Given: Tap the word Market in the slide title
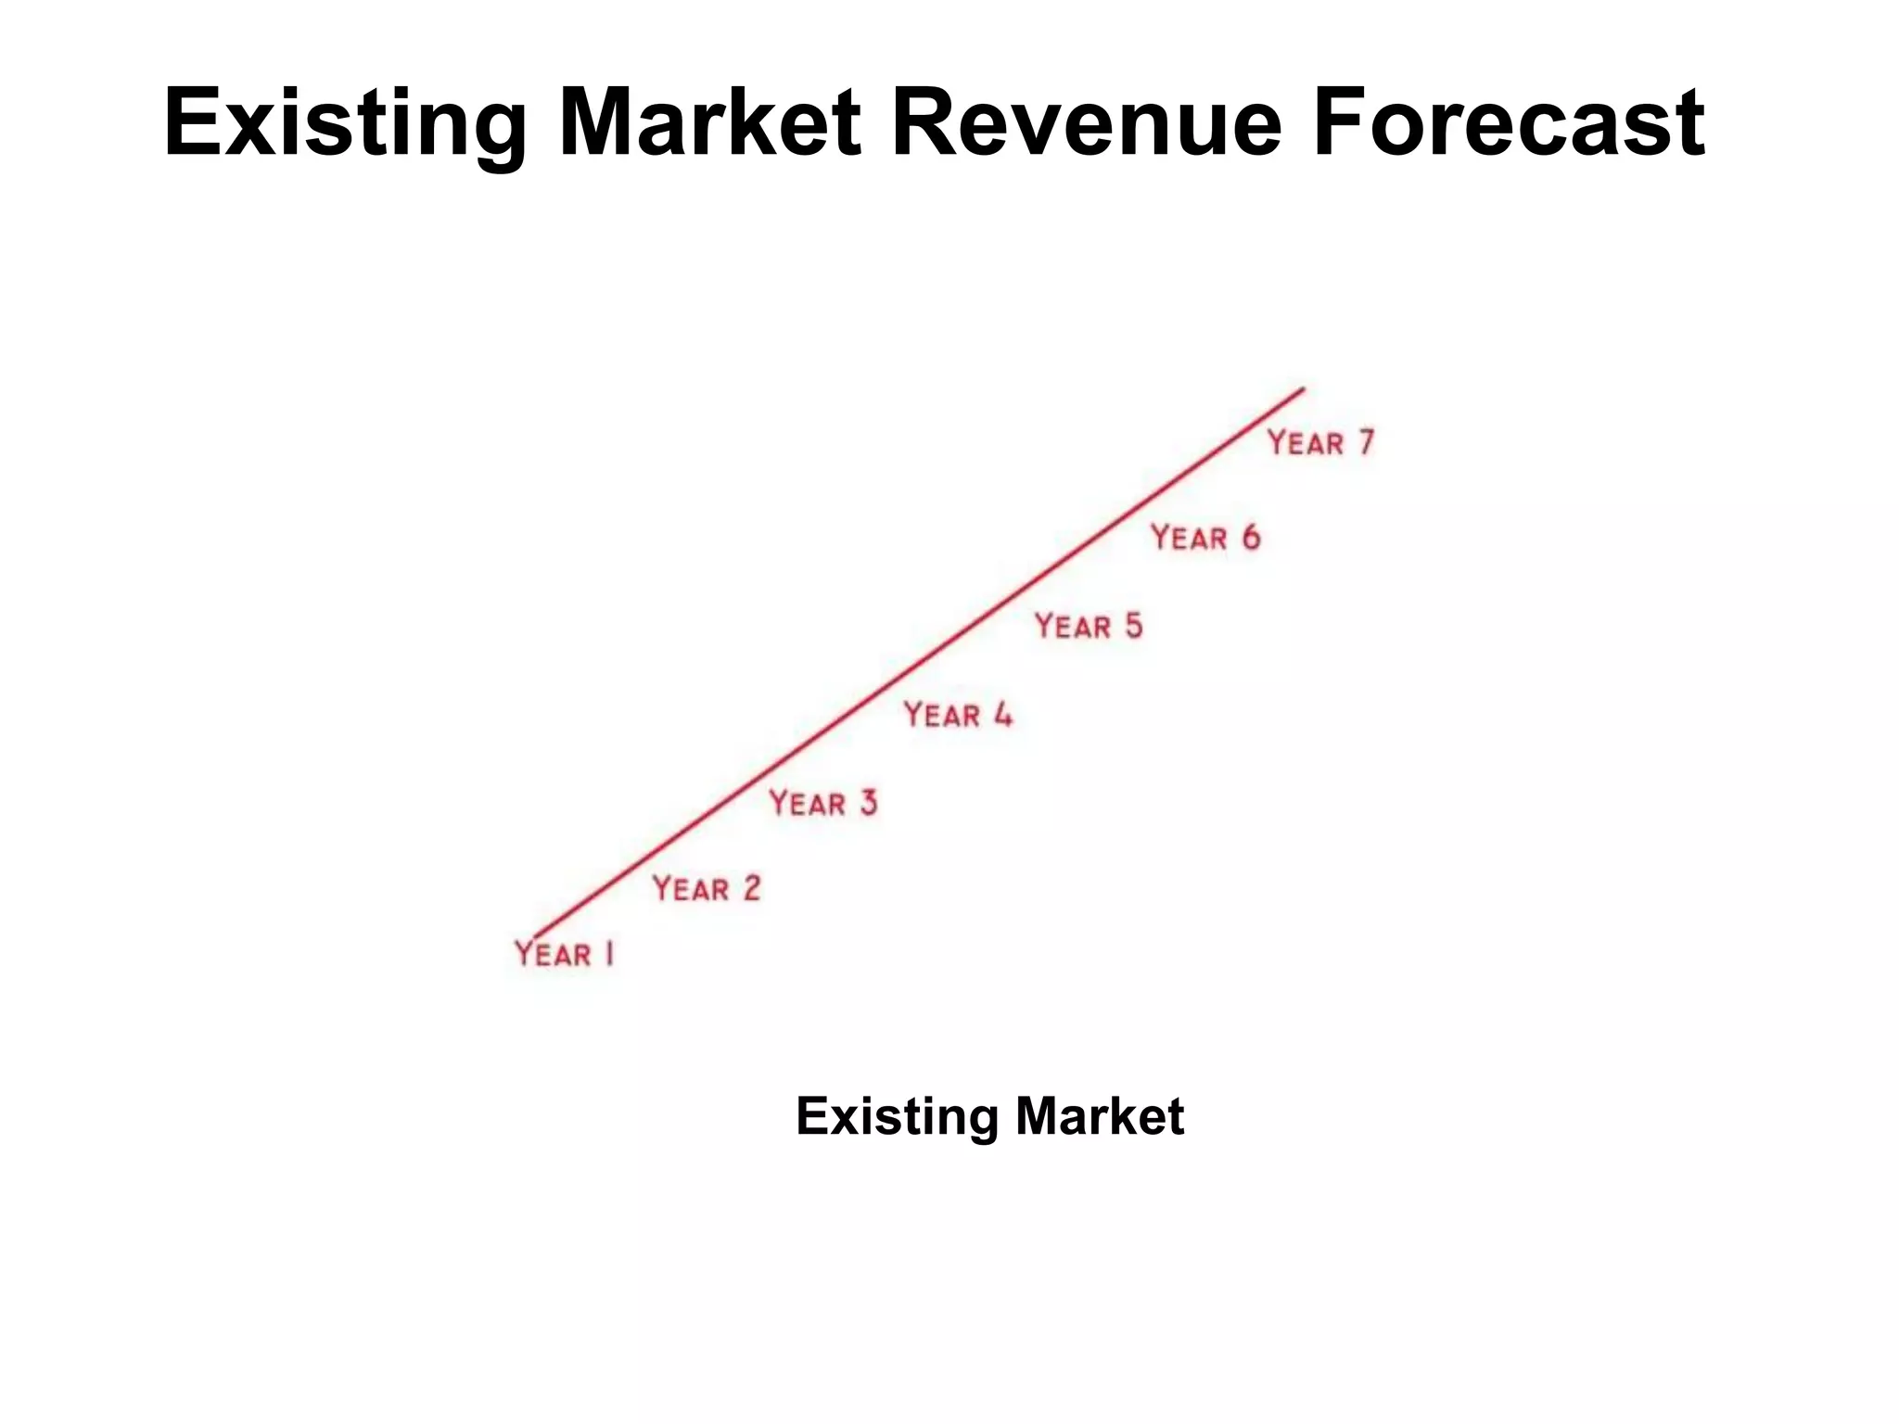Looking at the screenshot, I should coord(709,123).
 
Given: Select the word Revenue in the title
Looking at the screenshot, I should coord(1086,123).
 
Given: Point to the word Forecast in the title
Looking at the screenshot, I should coord(1508,123).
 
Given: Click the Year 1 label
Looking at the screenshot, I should coord(565,954).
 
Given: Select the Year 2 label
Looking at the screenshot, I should coord(707,889).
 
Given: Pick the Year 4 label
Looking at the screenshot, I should coord(958,715).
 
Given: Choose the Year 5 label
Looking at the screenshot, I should coord(1089,627).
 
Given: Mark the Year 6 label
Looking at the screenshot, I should coord(1205,538).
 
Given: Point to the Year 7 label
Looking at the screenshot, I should coord(1320,443).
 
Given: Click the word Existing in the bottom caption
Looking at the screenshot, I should coord(897,1116).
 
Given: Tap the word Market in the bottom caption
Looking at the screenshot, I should coord(1100,1116).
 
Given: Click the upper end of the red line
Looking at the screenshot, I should coord(1302,390).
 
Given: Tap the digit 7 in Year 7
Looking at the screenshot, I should coord(1366,442).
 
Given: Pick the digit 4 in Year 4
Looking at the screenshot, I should coord(1003,715).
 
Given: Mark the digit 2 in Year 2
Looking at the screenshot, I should coord(751,888).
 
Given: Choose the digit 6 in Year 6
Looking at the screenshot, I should coord(1251,538).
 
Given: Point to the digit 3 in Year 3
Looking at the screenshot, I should coord(868,803).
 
